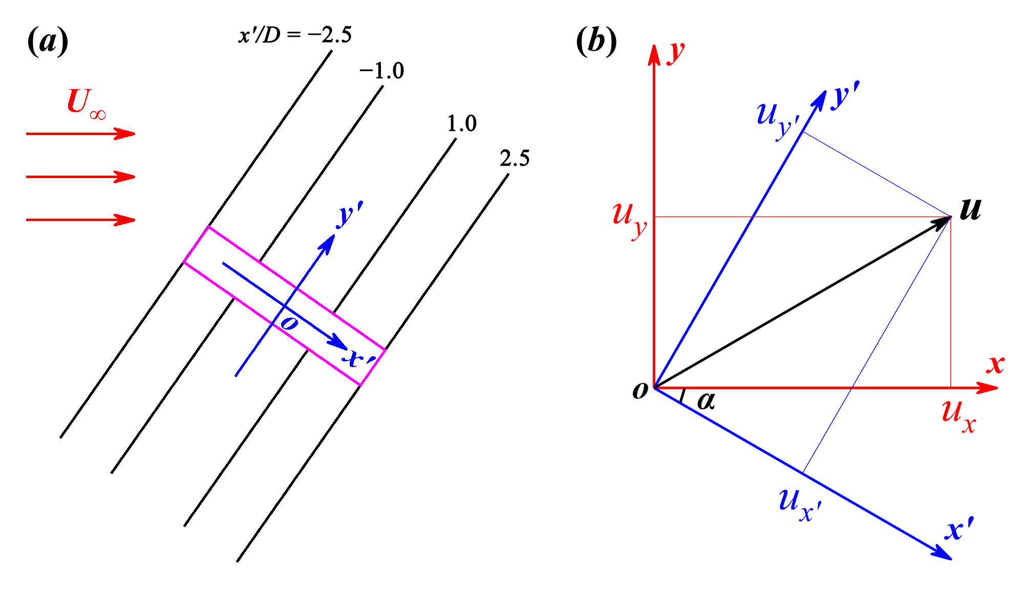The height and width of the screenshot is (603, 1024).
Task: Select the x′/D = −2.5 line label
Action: [x=295, y=35]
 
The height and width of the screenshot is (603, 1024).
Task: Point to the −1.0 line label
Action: [x=381, y=71]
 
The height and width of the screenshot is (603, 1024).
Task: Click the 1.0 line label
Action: [x=461, y=124]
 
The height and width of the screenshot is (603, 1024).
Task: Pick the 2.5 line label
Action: [x=514, y=159]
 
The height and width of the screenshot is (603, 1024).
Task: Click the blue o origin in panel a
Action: [x=289, y=323]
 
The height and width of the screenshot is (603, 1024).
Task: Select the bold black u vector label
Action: [x=970, y=209]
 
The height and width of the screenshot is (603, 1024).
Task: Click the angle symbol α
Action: [x=706, y=401]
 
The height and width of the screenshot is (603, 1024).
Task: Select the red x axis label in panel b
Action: [x=995, y=364]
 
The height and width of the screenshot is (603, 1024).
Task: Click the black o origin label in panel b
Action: [x=640, y=391]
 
